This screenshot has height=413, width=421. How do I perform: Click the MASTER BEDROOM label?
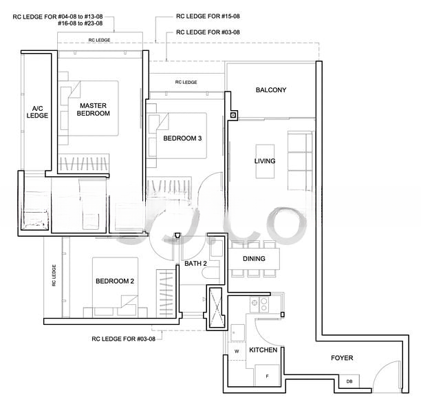(94, 109)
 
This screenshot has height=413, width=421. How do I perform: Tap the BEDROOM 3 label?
(182, 138)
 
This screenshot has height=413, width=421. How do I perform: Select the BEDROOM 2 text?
(114, 281)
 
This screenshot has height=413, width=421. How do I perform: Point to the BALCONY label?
(271, 90)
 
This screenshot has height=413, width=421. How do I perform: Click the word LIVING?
(264, 161)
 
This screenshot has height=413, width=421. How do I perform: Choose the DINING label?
(254, 259)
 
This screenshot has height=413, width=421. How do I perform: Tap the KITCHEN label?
(263, 350)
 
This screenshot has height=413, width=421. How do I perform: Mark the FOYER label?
(342, 358)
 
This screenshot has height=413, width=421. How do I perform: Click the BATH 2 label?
(195, 264)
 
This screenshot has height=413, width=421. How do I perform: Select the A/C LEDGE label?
(37, 112)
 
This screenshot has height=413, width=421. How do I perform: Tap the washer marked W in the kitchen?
(237, 350)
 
